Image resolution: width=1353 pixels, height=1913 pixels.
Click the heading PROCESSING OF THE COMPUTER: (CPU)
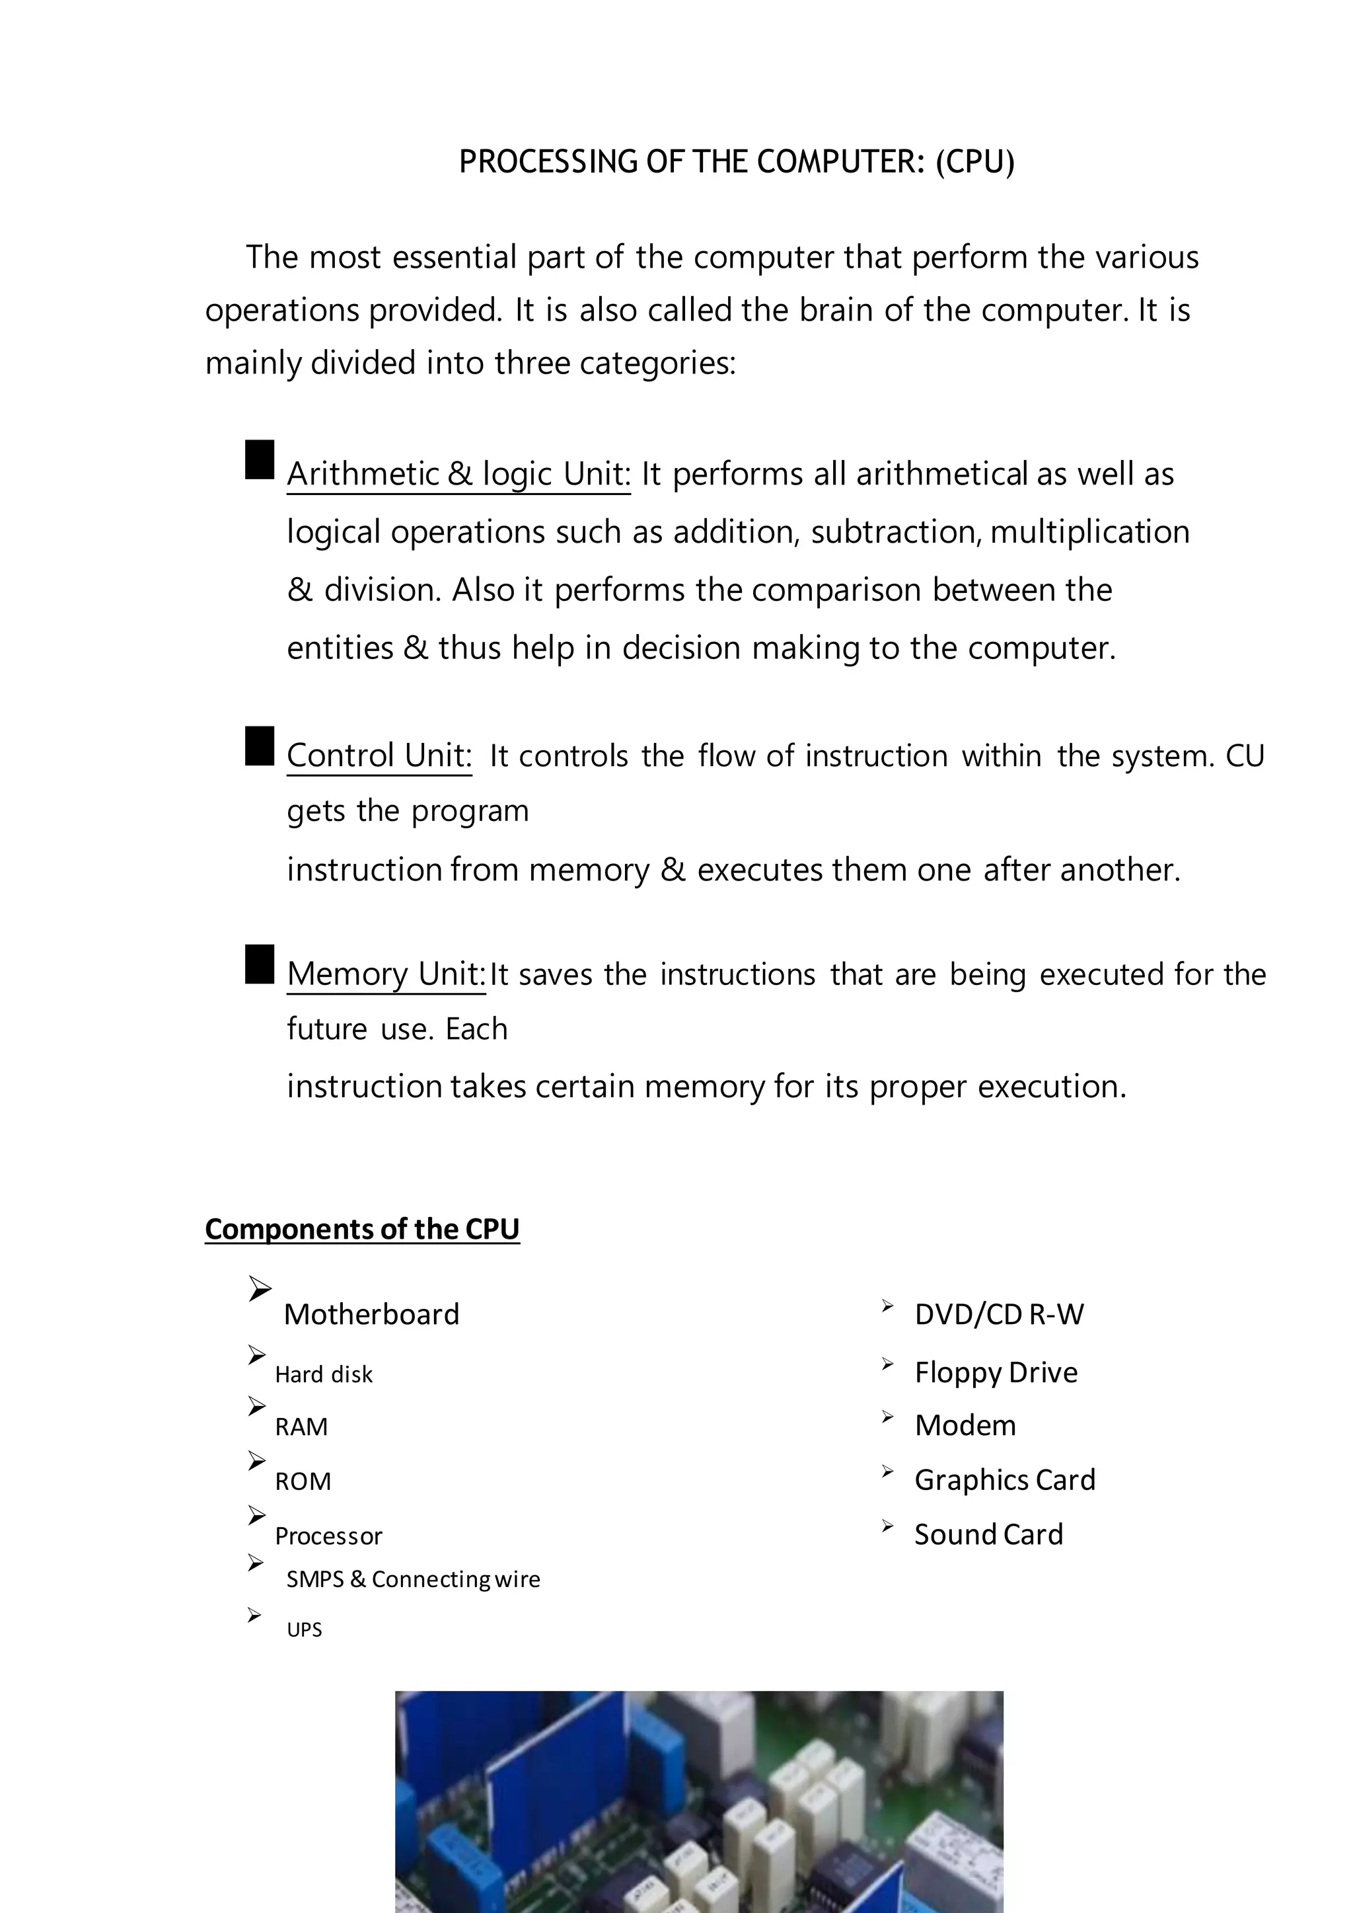point(737,162)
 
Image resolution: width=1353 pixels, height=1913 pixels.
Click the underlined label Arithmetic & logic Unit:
point(458,475)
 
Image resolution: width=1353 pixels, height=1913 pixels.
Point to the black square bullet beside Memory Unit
point(260,964)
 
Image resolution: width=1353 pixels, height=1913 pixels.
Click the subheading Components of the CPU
point(363,1229)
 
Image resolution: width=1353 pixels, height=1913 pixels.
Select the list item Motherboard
point(371,1315)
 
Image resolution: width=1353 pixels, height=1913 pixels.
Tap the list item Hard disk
point(323,1374)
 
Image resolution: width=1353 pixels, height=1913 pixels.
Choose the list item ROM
point(303,1481)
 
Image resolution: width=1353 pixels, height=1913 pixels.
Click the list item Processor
point(328,1536)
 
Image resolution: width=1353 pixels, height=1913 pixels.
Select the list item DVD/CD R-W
point(999,1315)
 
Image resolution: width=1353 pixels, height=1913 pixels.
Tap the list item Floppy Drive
point(996,1372)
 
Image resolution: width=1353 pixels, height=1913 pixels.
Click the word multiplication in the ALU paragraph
point(1089,532)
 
